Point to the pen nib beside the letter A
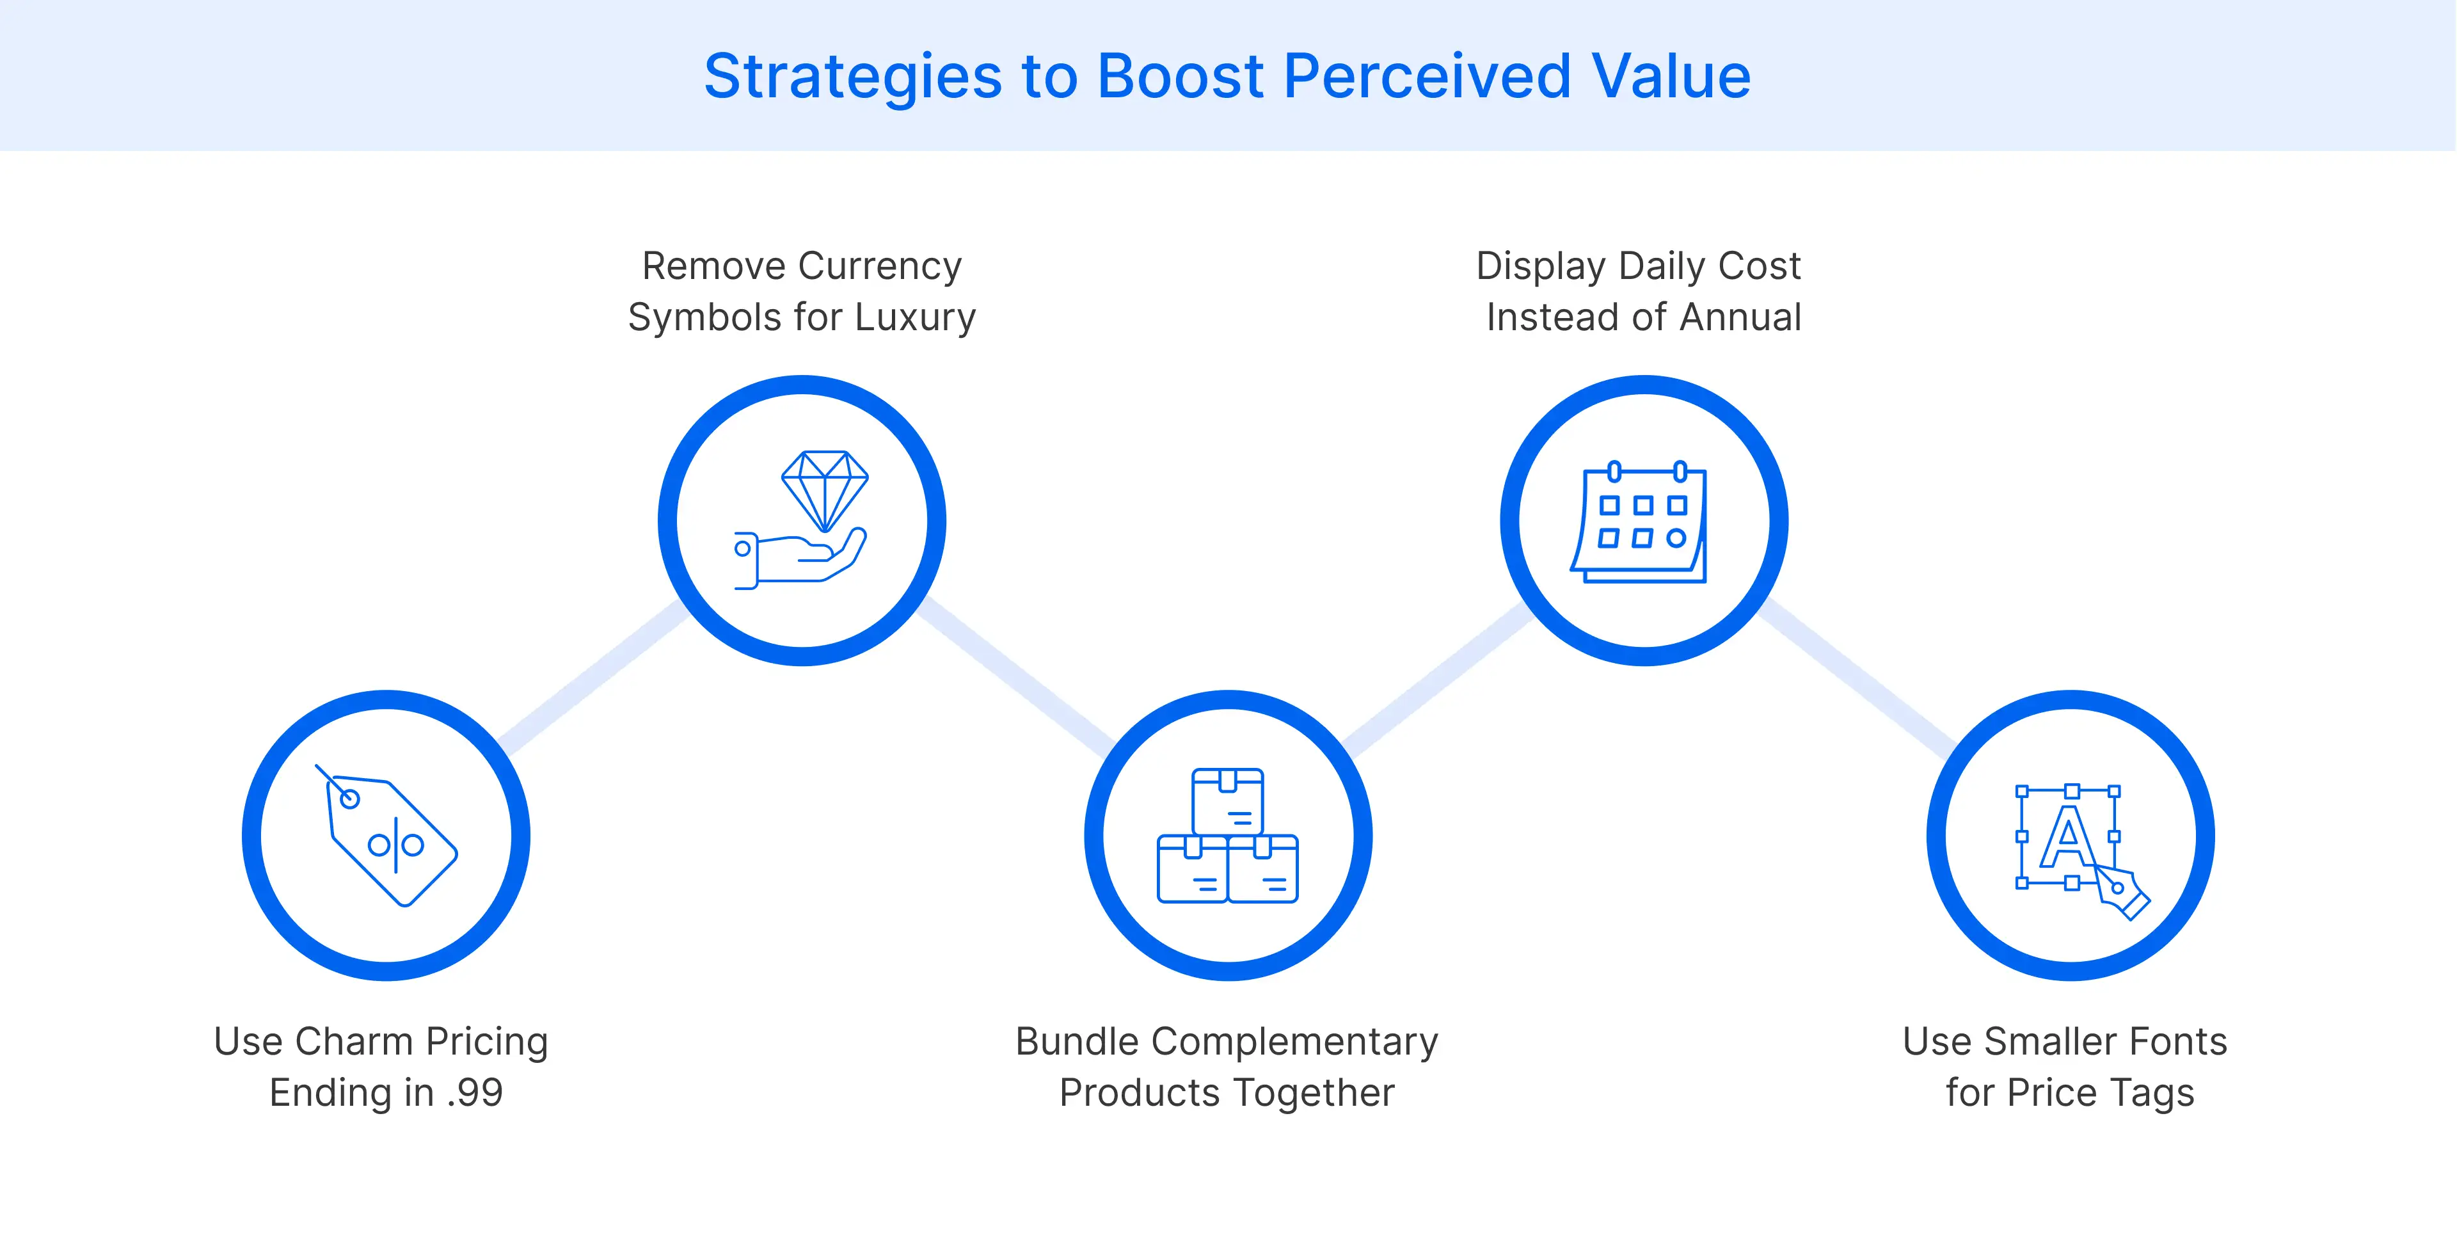pos(2123,893)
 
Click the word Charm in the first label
pos(355,1042)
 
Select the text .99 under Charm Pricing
pos(474,1093)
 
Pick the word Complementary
pos(1294,1042)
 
